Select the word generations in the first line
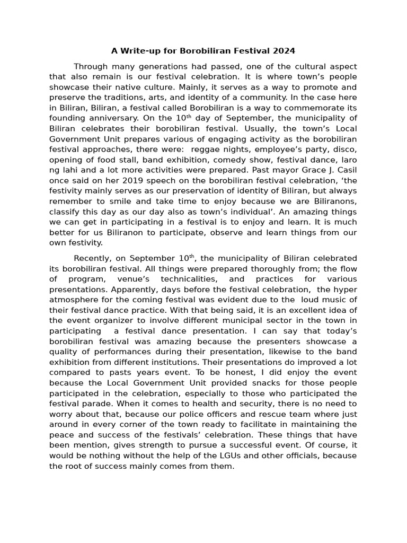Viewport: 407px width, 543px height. point(154,67)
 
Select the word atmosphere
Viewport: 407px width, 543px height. point(74,299)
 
